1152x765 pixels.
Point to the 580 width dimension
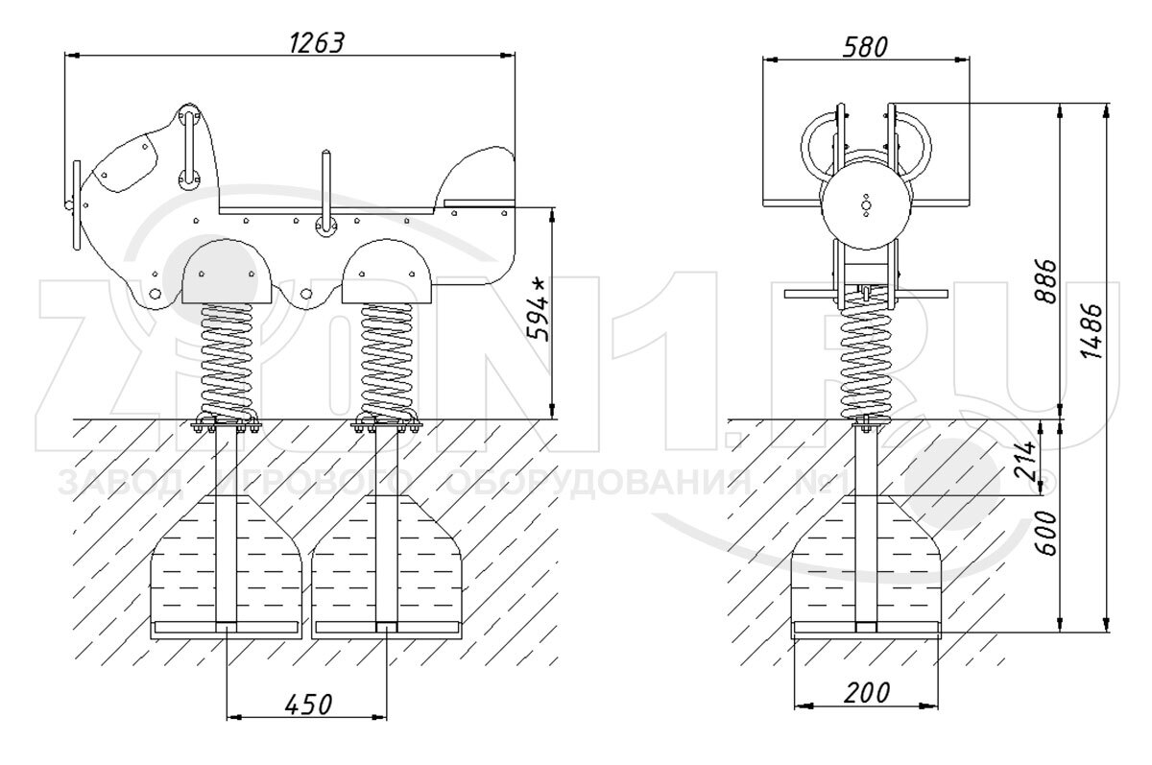(x=865, y=45)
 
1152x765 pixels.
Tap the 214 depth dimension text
(x=1024, y=460)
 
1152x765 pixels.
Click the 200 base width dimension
(x=865, y=693)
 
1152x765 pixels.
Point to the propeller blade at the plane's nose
(x=74, y=204)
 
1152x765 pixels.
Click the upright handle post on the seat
(x=325, y=192)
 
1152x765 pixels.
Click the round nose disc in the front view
(x=865, y=203)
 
